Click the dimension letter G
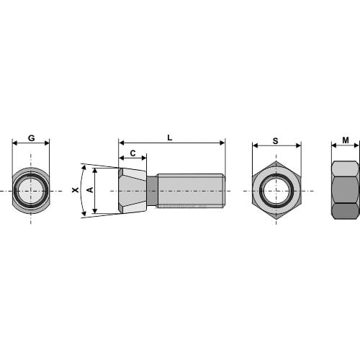[32, 138]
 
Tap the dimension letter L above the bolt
[170, 138]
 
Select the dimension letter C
[132, 153]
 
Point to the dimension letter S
[276, 141]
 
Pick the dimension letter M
[346, 140]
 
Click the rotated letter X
[76, 190]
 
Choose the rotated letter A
[90, 190]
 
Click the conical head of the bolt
[132, 190]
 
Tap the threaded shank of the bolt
[191, 191]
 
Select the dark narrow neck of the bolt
[152, 191]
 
